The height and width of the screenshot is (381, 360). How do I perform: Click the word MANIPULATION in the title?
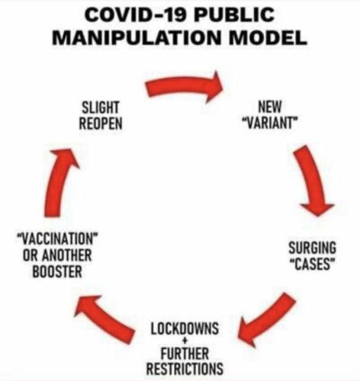(137, 37)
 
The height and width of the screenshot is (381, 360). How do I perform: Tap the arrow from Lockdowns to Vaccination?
(104, 319)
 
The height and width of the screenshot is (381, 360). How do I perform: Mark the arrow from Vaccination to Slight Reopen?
(60, 183)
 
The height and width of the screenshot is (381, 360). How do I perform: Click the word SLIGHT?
(100, 107)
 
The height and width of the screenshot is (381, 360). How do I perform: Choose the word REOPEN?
(101, 123)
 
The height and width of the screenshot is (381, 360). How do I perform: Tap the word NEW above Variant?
(270, 107)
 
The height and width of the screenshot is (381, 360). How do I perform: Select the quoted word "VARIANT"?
(270, 123)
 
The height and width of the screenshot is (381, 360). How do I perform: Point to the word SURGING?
(312, 248)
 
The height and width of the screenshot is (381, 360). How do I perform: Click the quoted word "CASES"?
(312, 264)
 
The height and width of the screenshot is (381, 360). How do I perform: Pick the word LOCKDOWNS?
(185, 328)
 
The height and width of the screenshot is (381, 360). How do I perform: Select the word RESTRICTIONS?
(185, 369)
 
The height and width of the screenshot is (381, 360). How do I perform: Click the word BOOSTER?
(57, 271)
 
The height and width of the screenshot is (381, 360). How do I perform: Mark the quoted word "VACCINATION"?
(57, 239)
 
